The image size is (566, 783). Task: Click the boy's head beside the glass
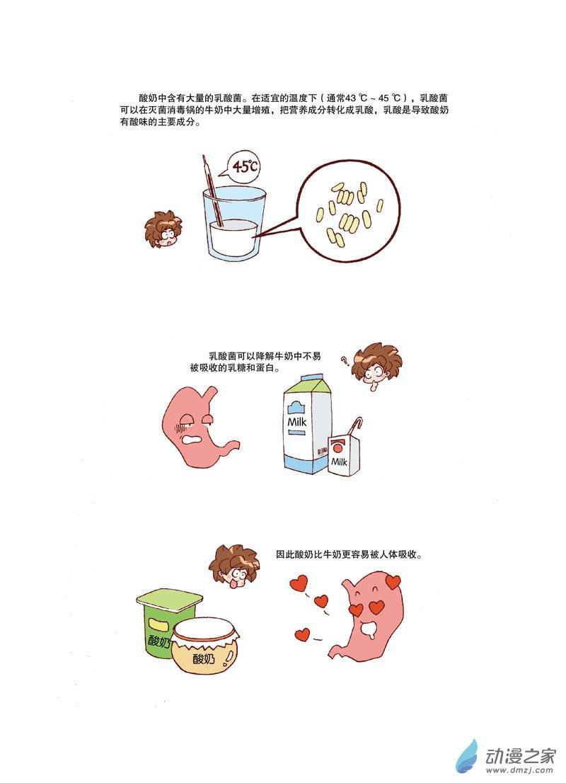[x=163, y=228]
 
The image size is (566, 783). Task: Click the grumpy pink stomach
[x=198, y=425]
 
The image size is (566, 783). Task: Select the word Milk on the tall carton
[x=297, y=421]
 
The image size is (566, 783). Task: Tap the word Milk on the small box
[x=340, y=462]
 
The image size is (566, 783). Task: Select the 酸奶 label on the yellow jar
[x=204, y=659]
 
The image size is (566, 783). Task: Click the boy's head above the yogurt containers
[x=233, y=566]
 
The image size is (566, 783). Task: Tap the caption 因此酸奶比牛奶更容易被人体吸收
[x=349, y=554]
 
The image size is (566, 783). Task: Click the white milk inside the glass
[x=233, y=238]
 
